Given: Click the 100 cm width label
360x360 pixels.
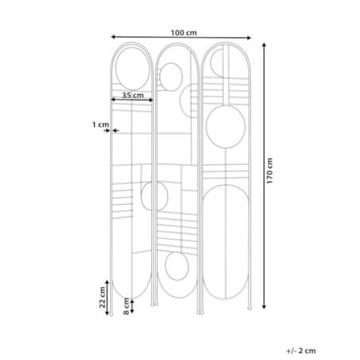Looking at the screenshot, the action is pyautogui.click(x=183, y=33).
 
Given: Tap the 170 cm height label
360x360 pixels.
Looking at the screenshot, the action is pyautogui.click(x=269, y=170).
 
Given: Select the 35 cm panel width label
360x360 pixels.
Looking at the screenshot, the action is pyautogui.click(x=133, y=95).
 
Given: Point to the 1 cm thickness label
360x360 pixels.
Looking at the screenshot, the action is pyautogui.click(x=100, y=124).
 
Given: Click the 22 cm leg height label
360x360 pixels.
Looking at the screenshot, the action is pyautogui.click(x=103, y=297).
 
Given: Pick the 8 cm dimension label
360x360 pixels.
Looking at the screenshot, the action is pyautogui.click(x=127, y=306).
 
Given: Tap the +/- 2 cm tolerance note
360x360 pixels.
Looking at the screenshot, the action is pyautogui.click(x=301, y=350).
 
